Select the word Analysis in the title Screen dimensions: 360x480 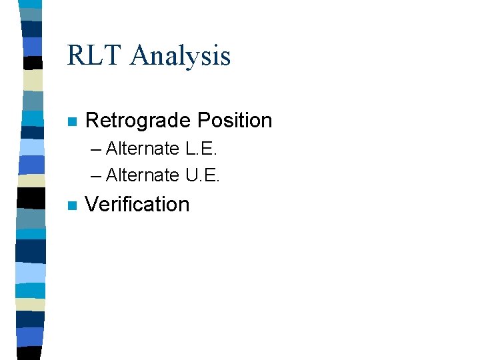click(181, 57)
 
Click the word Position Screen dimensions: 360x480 click(235, 121)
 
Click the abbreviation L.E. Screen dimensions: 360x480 click(202, 148)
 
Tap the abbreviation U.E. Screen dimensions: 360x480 click(203, 175)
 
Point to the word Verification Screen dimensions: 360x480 click(137, 204)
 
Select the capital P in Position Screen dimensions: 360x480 click(203, 121)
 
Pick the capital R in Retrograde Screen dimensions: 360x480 click(92, 121)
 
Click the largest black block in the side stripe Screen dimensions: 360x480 click(32, 198)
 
